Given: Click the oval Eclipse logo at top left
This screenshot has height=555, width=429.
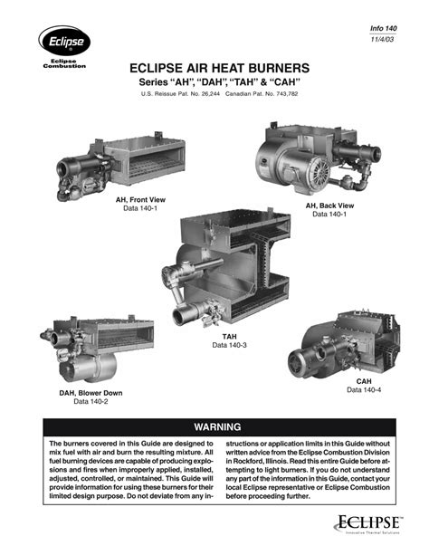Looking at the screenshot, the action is [x=64, y=41].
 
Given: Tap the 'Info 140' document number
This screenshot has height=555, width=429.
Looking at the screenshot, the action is [x=384, y=28].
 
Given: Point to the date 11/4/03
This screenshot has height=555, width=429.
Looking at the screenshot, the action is [x=382, y=39].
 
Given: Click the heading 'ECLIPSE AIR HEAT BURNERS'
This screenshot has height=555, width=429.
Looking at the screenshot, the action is [x=219, y=68].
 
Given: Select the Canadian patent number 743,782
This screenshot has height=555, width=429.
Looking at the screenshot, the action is [x=286, y=94].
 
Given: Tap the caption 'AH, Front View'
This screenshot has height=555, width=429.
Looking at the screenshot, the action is [x=140, y=199].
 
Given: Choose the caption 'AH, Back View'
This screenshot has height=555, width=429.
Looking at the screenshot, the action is [x=329, y=206].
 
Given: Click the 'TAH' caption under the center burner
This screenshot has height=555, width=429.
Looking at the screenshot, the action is [x=229, y=337].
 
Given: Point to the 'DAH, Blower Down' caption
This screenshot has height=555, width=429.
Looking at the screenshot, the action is [x=91, y=393].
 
